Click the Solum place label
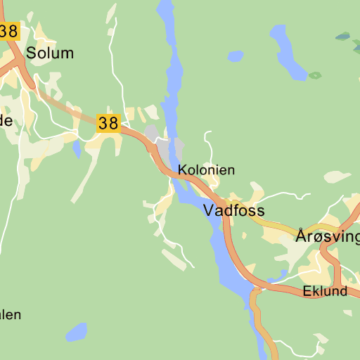click(49, 53)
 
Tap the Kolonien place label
click(206, 170)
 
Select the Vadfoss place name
click(233, 210)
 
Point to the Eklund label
click(325, 291)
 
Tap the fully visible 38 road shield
click(108, 124)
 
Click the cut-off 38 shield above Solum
click(9, 31)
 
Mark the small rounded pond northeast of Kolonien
click(235, 56)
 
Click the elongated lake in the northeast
click(286, 51)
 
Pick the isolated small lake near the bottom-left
click(76, 331)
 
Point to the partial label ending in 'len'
click(10, 314)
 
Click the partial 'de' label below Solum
click(6, 120)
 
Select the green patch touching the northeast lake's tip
click(315, 75)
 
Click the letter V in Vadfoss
click(210, 210)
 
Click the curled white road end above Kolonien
click(207, 133)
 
